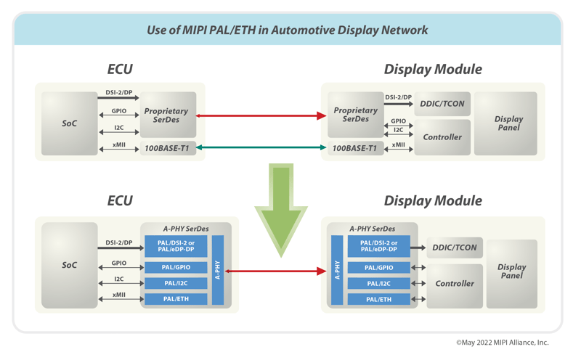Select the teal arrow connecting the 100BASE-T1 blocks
(261, 147)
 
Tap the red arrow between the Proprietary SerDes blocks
(261, 115)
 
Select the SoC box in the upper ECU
(69, 123)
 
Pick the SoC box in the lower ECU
(69, 265)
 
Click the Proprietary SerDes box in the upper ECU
(167, 115)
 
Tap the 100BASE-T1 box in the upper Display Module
(355, 148)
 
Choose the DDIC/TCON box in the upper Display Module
(442, 104)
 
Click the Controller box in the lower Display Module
(454, 284)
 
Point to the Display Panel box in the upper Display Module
(508, 123)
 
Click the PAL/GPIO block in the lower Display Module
(378, 268)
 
